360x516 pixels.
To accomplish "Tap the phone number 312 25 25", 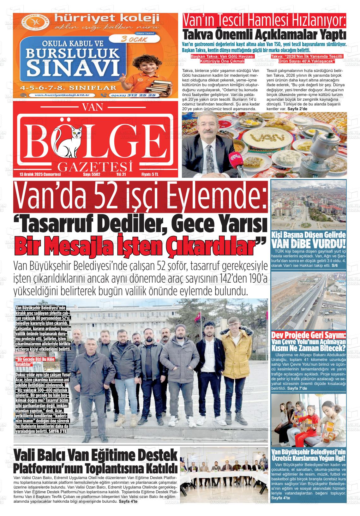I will click(141, 95).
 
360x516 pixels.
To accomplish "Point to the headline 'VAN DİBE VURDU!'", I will click(309, 244).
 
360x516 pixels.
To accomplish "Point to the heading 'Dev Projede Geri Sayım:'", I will click(309, 335).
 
